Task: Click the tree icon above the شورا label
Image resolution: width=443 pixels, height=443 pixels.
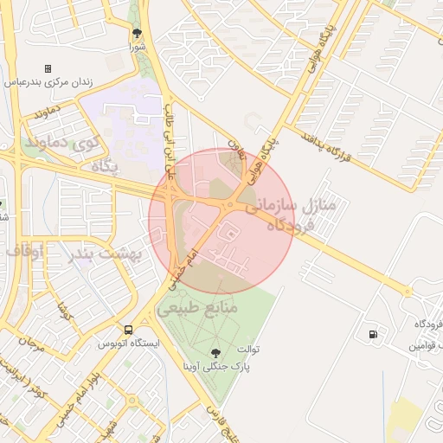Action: click(137, 34)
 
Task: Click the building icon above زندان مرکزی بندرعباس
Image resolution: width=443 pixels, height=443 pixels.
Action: click(48, 68)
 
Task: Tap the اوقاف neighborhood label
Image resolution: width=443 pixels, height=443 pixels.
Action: click(26, 250)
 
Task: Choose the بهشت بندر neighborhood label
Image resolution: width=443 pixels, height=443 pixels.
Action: click(107, 254)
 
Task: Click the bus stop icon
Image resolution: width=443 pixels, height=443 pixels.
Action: click(129, 330)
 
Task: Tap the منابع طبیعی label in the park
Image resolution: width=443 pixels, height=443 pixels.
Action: click(196, 307)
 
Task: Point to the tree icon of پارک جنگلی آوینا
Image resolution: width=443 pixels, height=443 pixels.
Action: click(215, 352)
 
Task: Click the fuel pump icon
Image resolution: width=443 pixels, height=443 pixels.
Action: click(373, 334)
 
